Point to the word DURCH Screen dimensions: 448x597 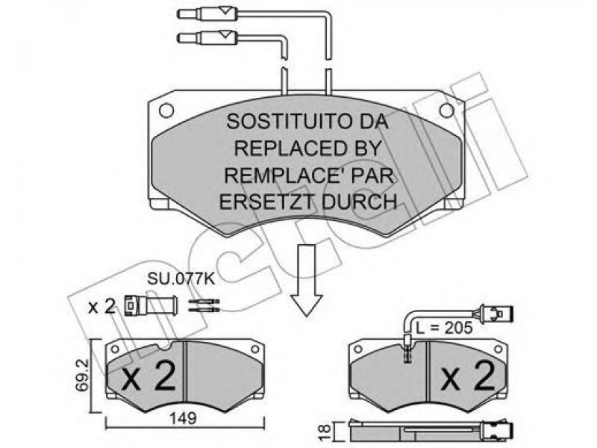point(357,201)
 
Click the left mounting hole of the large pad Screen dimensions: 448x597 point(166,110)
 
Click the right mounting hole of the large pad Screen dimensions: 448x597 point(446,110)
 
